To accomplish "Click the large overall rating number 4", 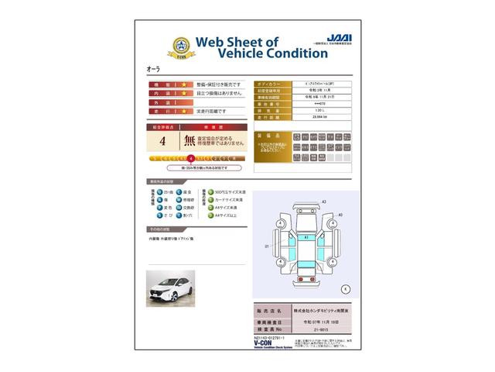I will point(162,142).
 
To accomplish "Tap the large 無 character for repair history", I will point(189,141).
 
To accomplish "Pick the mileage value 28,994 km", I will point(309,118).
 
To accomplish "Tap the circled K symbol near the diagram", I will point(345,288).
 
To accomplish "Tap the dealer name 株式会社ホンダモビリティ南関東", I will point(319,308).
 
